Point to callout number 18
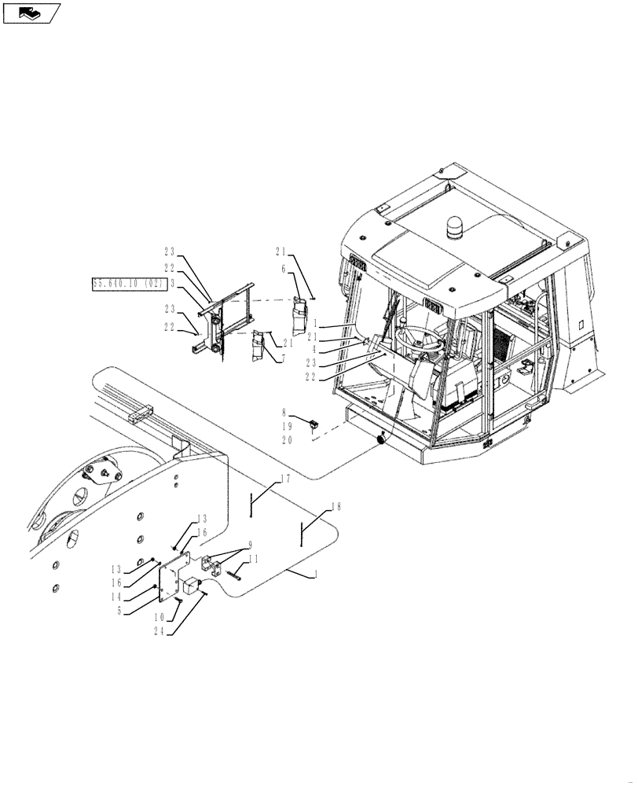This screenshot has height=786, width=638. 336,506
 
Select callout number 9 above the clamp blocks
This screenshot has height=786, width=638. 249,545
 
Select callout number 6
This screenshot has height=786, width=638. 284,268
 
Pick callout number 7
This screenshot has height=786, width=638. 282,358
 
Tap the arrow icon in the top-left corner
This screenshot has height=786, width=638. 31,13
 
